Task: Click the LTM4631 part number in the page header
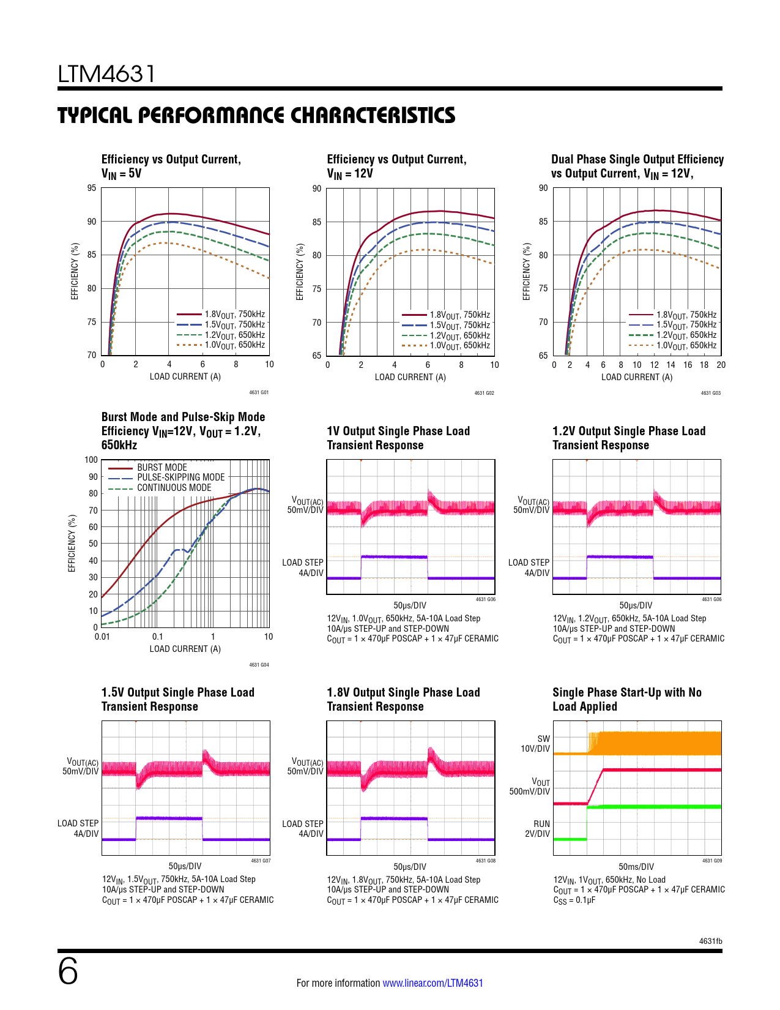tap(106, 74)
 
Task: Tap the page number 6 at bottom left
tap(68, 971)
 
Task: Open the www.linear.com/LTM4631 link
tap(433, 983)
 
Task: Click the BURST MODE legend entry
tap(162, 467)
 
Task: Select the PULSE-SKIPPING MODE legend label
tap(180, 477)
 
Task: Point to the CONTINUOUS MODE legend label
tap(174, 488)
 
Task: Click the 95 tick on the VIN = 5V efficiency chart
tap(92, 188)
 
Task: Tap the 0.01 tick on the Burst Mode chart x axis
tap(102, 637)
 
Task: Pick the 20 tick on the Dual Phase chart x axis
tap(721, 365)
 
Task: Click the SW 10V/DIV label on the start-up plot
tap(535, 744)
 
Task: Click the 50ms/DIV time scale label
tap(636, 867)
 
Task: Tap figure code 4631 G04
tap(259, 665)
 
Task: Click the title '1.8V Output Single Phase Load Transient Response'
tap(403, 699)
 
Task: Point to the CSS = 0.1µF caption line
tap(574, 900)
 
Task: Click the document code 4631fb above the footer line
tap(710, 941)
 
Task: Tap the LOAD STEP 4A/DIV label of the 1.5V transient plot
tap(78, 828)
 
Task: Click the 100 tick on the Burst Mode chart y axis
tap(91, 460)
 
